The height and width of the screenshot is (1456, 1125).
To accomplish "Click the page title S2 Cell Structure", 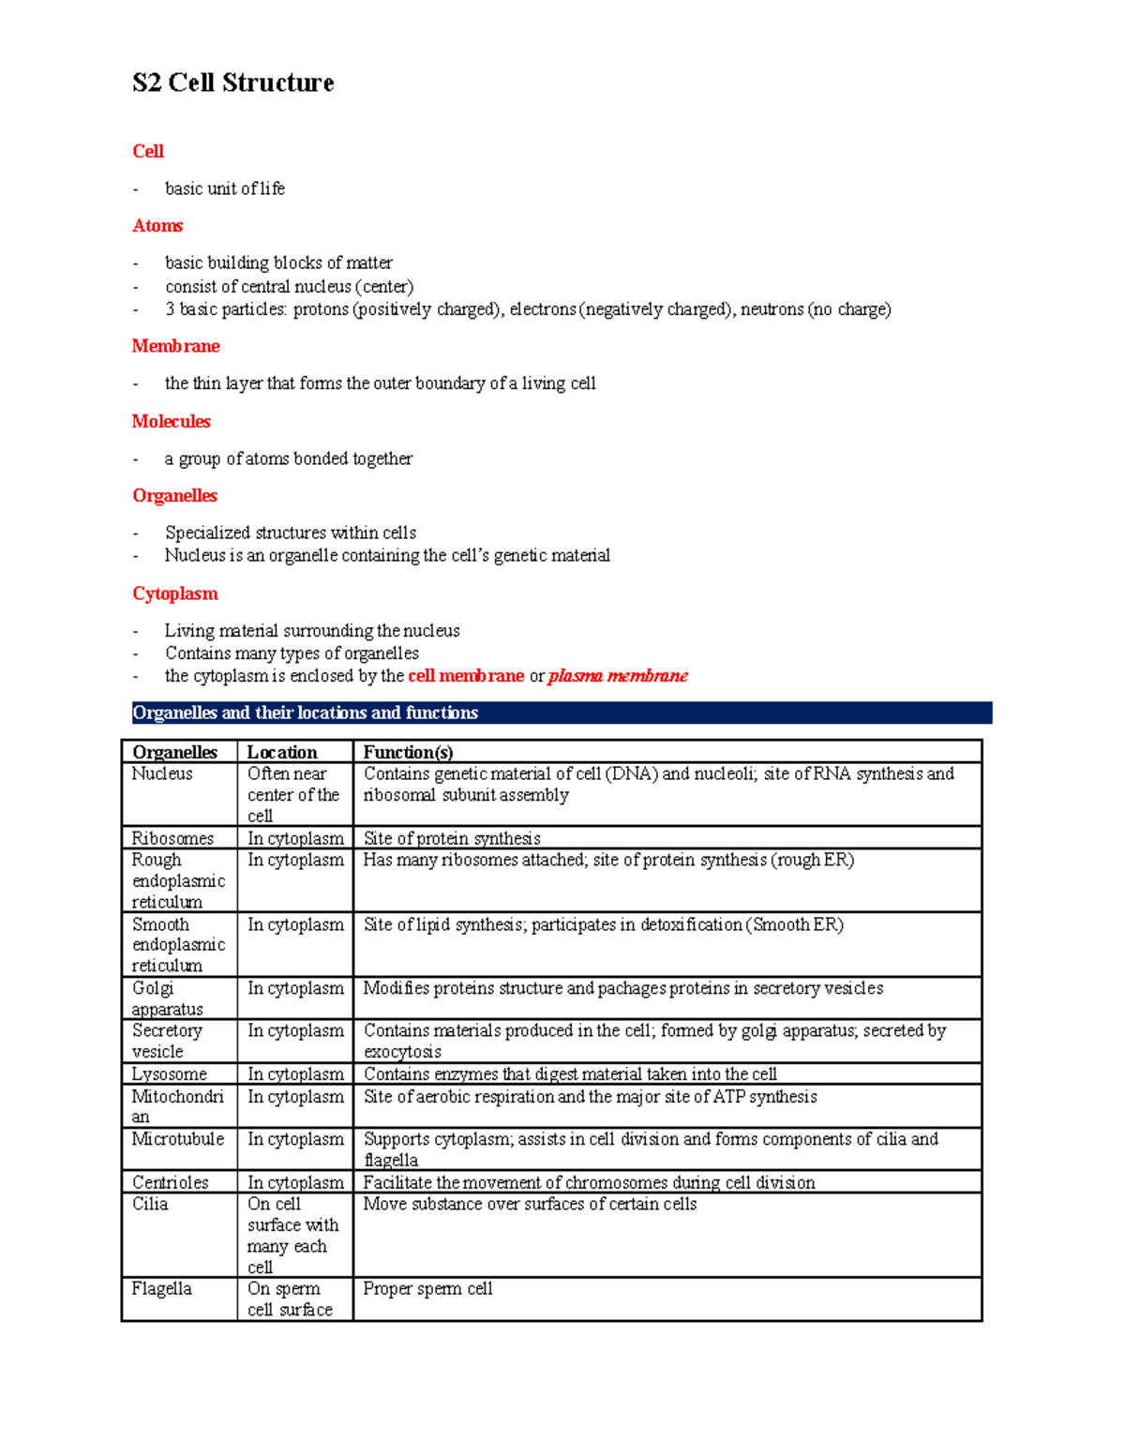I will [x=232, y=83].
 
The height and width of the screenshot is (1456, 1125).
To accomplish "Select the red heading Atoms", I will [x=157, y=226].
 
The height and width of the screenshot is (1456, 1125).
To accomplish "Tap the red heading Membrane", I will [x=175, y=346].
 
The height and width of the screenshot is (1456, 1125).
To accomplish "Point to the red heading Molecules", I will [x=171, y=422].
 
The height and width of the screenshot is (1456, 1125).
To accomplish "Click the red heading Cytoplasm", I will [x=174, y=593].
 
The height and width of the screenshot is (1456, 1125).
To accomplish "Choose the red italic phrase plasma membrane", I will [x=618, y=676].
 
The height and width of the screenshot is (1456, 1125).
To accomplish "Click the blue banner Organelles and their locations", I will [x=306, y=713].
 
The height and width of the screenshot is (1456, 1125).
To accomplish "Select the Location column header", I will [x=282, y=752].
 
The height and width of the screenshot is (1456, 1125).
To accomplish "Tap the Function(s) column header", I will [x=408, y=752].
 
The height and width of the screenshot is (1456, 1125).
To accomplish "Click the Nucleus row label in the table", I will [x=162, y=773].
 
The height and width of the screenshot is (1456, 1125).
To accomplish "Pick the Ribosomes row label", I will [x=172, y=838].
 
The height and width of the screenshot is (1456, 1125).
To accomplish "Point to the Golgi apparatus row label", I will [x=167, y=998].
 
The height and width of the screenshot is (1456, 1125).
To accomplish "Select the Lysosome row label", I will [x=169, y=1074].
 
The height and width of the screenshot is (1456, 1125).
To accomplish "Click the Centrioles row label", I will [x=170, y=1182].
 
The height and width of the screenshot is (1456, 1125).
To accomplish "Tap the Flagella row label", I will [x=161, y=1289].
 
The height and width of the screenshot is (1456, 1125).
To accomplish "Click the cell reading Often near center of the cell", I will [x=292, y=795].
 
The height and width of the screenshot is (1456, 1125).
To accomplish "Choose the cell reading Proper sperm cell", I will [x=427, y=1289].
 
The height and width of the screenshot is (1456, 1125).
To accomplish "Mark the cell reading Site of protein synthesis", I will [x=452, y=838].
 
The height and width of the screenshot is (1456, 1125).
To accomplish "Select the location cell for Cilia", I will [x=292, y=1236].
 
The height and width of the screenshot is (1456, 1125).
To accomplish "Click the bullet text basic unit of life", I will [x=225, y=188].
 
